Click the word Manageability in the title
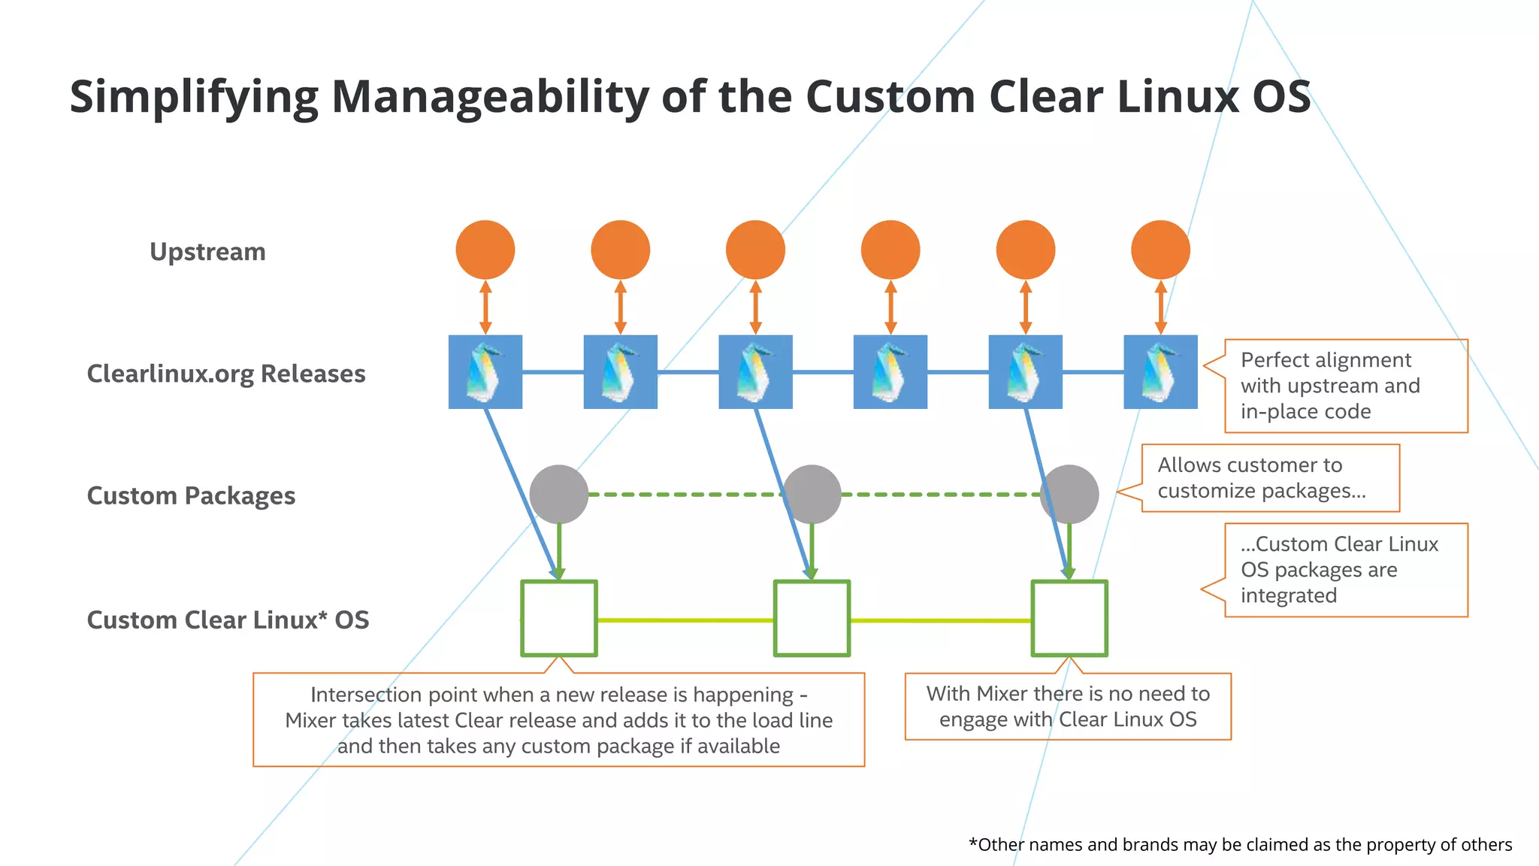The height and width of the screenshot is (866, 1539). pos(490,98)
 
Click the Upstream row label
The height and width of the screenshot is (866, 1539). pos(207,252)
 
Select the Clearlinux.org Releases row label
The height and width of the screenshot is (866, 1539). pos(226,374)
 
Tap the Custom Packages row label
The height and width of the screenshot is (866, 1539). pos(191,496)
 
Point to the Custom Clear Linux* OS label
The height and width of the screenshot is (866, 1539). pos(228,620)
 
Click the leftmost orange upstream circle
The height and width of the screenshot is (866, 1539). pos(485,250)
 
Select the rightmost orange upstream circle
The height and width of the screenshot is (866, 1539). pos(1160,250)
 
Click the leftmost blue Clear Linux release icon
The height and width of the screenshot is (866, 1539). pos(485,372)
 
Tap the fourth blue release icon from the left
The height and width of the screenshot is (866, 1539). pos(890,372)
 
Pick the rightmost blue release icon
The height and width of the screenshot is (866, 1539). pos(1160,372)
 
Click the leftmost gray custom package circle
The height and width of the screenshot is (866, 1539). pos(558,494)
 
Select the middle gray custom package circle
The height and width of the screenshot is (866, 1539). pos(812,494)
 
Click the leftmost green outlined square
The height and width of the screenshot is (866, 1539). pos(559,619)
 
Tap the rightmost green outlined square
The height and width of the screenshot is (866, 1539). pos(1069,619)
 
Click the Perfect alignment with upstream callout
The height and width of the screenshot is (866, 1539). pos(1345,386)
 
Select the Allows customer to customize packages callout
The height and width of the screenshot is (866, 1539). pos(1270,478)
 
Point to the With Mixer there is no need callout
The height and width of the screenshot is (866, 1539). pos(1068,707)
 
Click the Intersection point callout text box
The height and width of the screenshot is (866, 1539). pos(558,720)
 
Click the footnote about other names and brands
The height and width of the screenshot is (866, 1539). pos(1240,845)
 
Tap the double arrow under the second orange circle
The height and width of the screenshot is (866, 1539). pos(620,307)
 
